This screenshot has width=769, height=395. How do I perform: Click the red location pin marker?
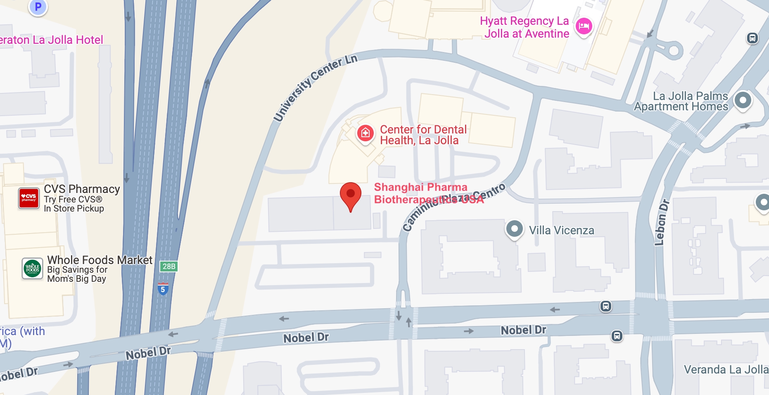(351, 195)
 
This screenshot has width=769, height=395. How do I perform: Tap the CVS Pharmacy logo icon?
(29, 198)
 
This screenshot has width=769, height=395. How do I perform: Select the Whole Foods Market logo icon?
(32, 269)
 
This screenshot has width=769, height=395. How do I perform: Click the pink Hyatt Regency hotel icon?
(584, 26)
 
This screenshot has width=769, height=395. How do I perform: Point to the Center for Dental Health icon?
(366, 133)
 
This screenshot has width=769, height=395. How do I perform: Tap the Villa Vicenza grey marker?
(514, 228)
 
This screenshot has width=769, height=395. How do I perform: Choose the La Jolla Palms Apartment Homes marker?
(743, 100)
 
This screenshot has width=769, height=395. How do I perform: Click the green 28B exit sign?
(169, 267)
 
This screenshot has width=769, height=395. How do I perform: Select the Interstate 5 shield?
(163, 289)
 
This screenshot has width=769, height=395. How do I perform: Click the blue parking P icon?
(38, 7)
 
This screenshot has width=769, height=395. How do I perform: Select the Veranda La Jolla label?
(726, 369)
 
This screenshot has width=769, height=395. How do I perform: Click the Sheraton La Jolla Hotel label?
(51, 40)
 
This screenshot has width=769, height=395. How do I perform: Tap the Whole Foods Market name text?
(100, 260)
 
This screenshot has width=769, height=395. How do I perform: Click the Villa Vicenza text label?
(562, 231)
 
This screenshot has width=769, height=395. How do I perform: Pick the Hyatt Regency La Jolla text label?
(525, 27)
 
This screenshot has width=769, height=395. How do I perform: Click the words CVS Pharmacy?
(82, 189)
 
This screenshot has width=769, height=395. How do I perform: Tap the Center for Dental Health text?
(423, 135)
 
